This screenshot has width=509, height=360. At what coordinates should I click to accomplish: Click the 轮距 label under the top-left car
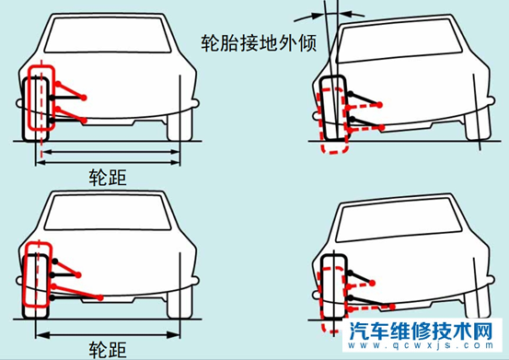point(106,174)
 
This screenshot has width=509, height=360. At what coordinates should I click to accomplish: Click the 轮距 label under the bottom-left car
point(106,347)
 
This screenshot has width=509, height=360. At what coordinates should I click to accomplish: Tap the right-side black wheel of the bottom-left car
point(174,299)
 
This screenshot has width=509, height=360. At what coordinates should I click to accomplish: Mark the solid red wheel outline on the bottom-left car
point(34,274)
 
